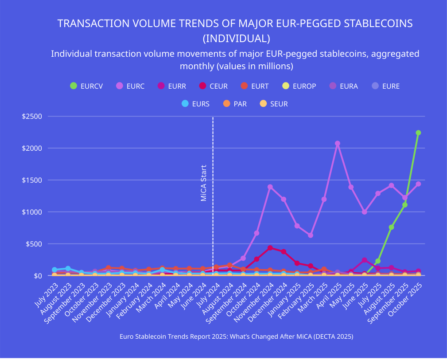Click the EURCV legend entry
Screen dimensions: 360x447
click(87, 86)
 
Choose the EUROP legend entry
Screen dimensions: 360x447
click(299, 86)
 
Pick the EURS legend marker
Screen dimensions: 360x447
click(186, 104)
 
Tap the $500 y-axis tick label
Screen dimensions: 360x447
click(34, 244)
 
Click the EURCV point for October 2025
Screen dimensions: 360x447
click(418, 133)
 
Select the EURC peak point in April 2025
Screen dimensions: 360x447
click(338, 144)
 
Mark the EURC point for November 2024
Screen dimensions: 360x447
click(270, 187)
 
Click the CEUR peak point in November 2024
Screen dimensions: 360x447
click(270, 248)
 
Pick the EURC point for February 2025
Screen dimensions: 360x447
click(311, 235)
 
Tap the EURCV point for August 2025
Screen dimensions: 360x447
click(391, 227)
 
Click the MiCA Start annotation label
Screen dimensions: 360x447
click(204, 183)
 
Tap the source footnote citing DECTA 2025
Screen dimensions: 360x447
click(236, 337)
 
